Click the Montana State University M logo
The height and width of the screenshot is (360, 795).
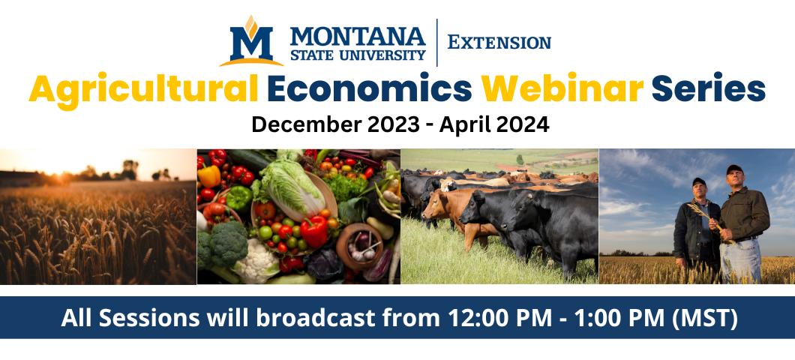[251, 41]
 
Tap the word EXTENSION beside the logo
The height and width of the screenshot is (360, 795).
[499, 43]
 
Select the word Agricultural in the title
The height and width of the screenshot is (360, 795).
[143, 90]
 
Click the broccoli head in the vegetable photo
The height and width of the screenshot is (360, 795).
[226, 244]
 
